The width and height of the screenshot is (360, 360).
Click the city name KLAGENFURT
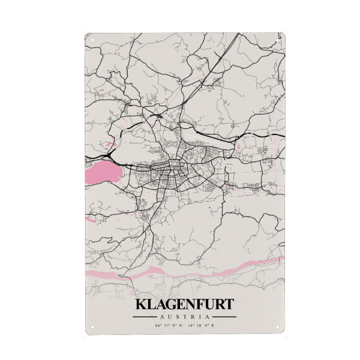(184, 305)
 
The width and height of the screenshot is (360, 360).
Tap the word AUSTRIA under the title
(184, 316)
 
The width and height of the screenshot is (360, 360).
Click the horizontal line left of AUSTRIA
(144, 316)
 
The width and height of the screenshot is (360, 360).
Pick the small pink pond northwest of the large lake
(109, 145)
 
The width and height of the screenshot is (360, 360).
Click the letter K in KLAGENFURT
(142, 305)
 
